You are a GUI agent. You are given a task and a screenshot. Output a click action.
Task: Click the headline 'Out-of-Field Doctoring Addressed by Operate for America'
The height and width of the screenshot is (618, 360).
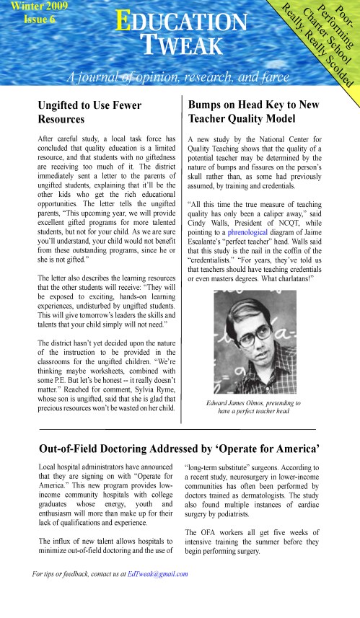point(180,449)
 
